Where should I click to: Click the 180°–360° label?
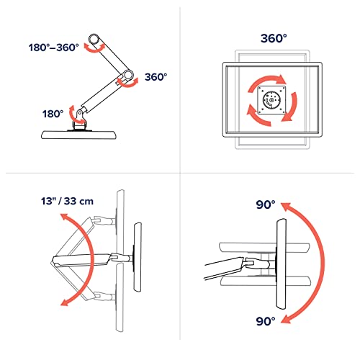click(x=54, y=48)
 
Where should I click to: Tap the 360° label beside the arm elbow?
click(x=156, y=77)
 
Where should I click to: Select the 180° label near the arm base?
click(x=53, y=114)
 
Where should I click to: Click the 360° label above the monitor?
click(x=274, y=38)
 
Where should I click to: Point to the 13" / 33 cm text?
click(x=67, y=201)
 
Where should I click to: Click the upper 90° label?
click(x=266, y=204)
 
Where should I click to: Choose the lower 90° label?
click(x=266, y=321)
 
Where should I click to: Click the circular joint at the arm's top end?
click(x=94, y=39)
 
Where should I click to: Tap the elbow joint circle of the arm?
click(x=128, y=75)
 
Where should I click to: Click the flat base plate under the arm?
click(x=80, y=135)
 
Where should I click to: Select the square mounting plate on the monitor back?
click(x=271, y=100)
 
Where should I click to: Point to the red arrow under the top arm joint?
click(x=94, y=49)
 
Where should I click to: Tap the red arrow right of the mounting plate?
click(x=294, y=107)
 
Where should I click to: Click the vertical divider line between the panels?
click(x=180, y=173)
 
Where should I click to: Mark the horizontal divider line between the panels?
click(x=180, y=173)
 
